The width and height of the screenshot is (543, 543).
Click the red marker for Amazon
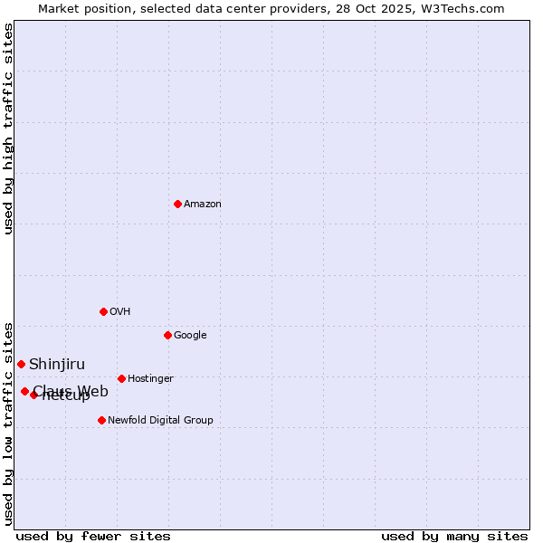[x=177, y=204]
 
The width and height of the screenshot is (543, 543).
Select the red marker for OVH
[x=103, y=311]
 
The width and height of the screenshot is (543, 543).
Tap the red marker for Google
[x=167, y=335]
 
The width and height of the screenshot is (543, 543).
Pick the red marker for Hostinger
[x=121, y=378]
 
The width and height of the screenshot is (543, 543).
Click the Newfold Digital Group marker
[x=101, y=420]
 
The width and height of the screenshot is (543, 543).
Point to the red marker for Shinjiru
[x=21, y=364]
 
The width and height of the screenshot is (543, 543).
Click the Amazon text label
[x=203, y=205]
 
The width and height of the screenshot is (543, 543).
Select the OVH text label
[x=120, y=312]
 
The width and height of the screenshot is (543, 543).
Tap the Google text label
[x=190, y=336]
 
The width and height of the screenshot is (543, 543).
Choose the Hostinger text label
[x=150, y=379]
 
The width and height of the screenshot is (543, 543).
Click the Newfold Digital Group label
[x=160, y=421]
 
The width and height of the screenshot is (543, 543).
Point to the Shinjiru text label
[x=57, y=365]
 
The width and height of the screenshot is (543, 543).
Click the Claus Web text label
[x=71, y=391]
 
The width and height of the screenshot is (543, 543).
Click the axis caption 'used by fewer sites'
[x=93, y=536]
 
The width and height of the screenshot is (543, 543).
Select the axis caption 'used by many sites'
[x=454, y=536]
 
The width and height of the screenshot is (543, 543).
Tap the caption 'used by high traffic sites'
[x=9, y=129]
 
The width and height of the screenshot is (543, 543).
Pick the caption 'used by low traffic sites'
[x=9, y=423]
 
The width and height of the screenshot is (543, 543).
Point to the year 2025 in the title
[x=398, y=9]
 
